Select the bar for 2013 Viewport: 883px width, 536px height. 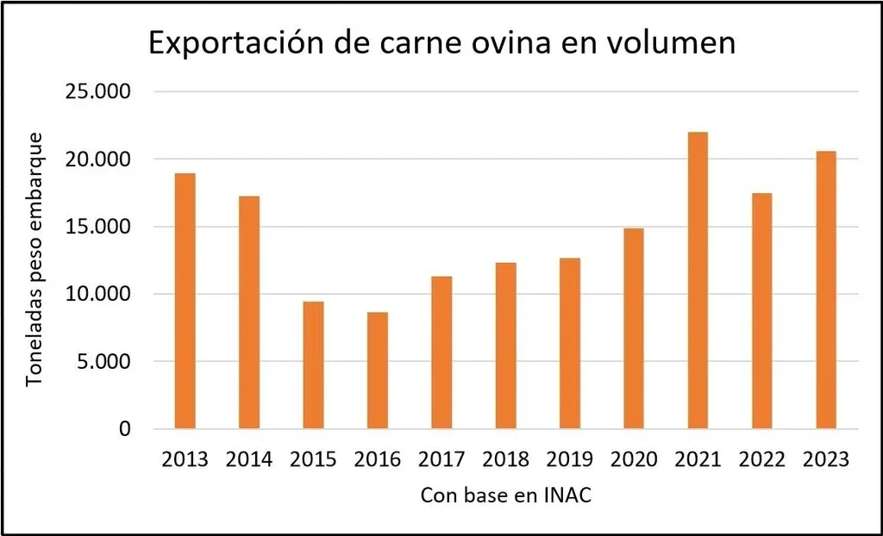coord(185,301)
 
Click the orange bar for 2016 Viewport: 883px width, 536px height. coord(377,371)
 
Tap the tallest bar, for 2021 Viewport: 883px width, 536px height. coord(698,280)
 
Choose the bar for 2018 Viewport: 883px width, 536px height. coord(505,346)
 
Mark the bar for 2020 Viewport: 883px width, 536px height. coord(634,328)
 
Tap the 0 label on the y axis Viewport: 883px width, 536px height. coord(125,429)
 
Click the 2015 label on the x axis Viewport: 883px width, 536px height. coord(313,459)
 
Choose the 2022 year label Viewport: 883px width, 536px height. coord(761,459)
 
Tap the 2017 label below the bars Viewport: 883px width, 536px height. coord(441,459)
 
